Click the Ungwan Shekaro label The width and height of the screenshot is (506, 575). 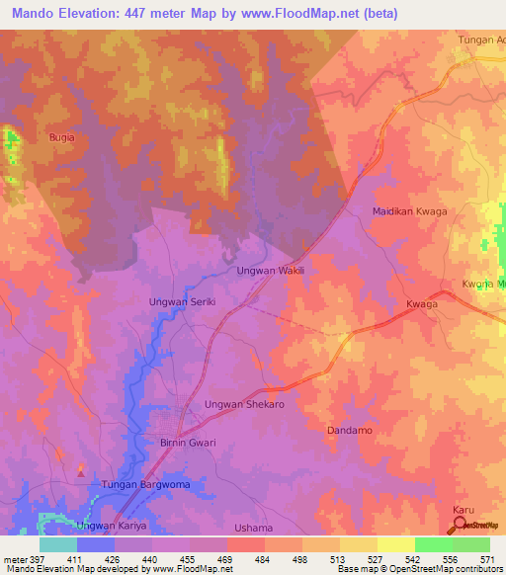point(244,405)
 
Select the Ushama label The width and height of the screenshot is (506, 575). point(253,528)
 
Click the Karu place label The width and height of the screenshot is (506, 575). point(464,510)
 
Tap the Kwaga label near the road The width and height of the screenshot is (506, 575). point(421,306)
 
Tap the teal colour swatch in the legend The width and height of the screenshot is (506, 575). point(58,544)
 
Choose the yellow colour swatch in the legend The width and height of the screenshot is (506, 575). point(396,544)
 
